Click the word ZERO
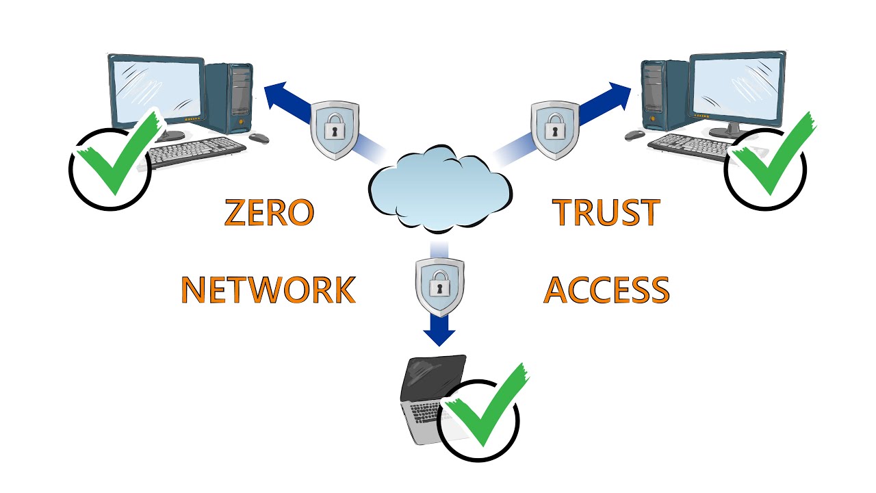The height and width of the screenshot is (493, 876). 269,213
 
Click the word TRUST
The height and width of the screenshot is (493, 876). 606,213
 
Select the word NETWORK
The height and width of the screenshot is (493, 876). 268,290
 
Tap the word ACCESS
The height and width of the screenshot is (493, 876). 606,290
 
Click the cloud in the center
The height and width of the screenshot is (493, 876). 439,188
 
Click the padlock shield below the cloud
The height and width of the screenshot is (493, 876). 439,286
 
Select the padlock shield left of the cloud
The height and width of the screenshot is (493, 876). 335,129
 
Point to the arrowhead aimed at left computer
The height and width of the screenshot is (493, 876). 277,94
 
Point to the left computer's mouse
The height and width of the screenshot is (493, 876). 259,138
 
